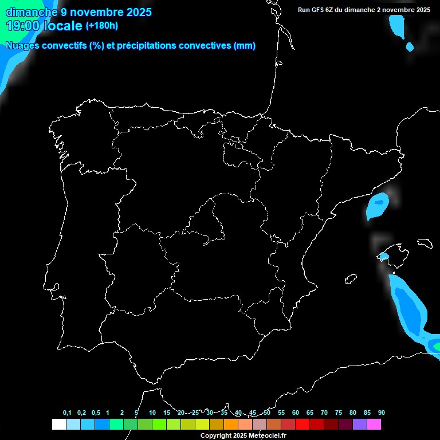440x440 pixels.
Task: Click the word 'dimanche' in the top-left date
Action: (x=31, y=11)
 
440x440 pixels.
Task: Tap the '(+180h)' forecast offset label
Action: (x=102, y=25)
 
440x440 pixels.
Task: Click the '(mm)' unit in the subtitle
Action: (x=245, y=46)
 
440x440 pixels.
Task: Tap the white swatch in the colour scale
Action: (x=58, y=424)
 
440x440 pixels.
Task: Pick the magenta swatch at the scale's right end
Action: (x=374, y=424)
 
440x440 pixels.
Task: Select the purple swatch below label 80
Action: (x=360, y=424)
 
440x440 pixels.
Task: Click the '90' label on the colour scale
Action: (x=381, y=413)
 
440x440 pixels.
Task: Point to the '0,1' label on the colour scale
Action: (x=67, y=413)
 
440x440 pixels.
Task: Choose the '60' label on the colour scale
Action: (x=295, y=413)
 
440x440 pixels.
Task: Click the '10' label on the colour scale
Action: (x=152, y=413)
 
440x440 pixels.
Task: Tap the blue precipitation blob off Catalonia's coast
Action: (x=378, y=206)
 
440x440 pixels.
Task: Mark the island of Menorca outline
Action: (x=425, y=243)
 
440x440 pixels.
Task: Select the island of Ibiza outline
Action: (x=350, y=279)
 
